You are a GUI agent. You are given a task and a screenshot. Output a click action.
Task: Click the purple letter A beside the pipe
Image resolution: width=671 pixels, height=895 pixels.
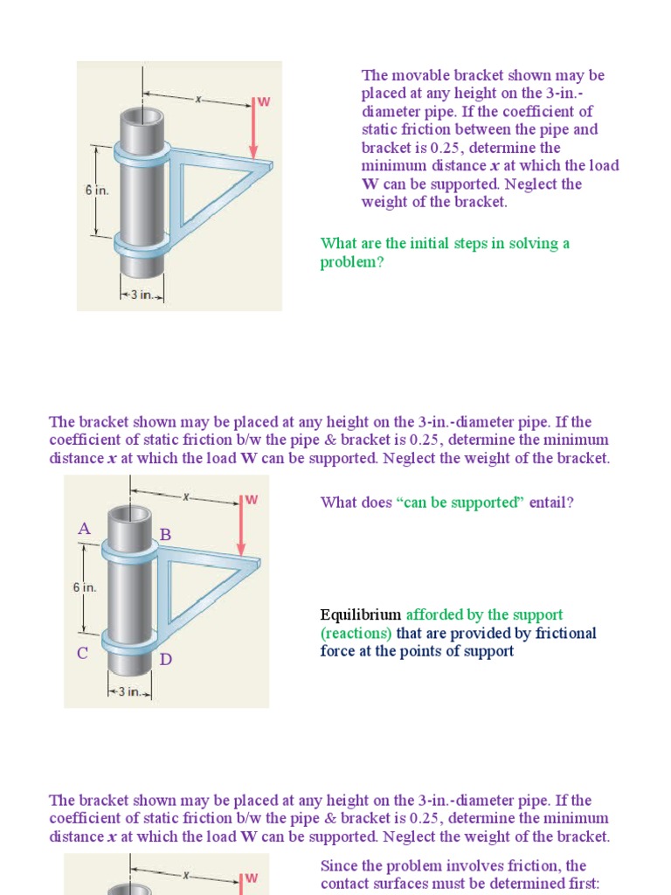(x=85, y=529)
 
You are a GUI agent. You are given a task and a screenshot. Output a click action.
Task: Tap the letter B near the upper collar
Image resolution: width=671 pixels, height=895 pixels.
(x=164, y=534)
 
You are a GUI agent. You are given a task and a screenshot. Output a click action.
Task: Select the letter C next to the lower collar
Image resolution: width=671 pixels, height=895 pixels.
(x=83, y=653)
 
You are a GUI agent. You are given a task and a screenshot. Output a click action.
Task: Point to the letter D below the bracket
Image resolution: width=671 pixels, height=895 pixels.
(x=165, y=659)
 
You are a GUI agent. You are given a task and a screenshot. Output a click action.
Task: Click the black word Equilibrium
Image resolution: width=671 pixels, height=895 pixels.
(x=361, y=614)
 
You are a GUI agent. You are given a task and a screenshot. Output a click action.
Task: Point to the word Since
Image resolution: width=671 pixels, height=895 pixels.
(x=339, y=865)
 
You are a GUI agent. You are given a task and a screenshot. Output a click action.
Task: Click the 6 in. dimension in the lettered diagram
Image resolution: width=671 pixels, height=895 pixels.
(x=85, y=587)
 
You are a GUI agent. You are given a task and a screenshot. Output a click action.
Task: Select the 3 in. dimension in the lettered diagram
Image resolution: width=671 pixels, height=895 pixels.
(x=130, y=691)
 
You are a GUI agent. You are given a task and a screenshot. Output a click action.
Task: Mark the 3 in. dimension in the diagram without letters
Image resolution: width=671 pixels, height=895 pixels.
(x=142, y=295)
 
